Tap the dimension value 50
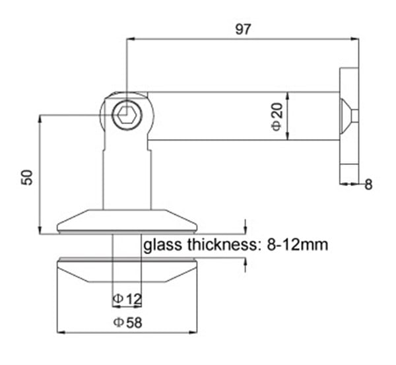point(27,176)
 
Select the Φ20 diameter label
point(277,116)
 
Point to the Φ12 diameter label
point(127,300)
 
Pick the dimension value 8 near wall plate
point(368,185)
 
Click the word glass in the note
point(163,245)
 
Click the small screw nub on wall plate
point(355,116)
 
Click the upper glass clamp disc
point(127,220)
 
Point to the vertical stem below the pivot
point(127,178)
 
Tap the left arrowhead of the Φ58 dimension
point(61,332)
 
